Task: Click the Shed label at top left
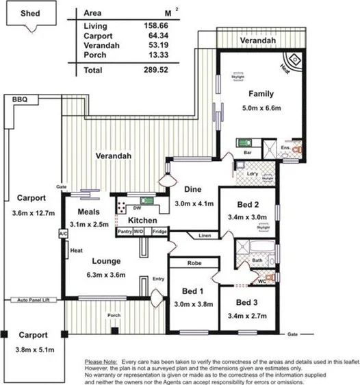(x=29, y=12)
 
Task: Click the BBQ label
(x=19, y=100)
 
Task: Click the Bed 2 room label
(x=248, y=205)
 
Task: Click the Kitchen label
(x=143, y=221)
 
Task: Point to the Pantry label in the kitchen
(x=125, y=232)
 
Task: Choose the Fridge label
(x=159, y=232)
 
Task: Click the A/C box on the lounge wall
(x=63, y=234)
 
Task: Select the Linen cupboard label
(x=205, y=236)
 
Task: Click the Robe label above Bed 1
(x=193, y=263)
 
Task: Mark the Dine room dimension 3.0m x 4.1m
(x=194, y=203)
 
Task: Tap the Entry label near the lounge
(x=158, y=278)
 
